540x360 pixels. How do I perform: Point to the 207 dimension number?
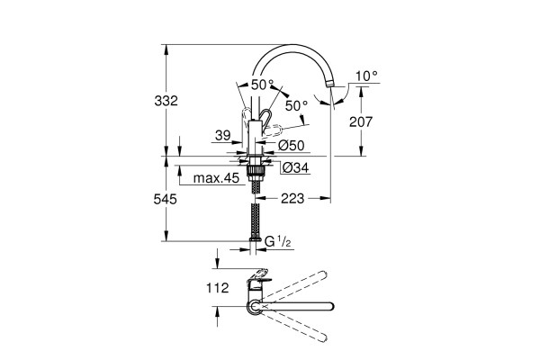pos(375,118)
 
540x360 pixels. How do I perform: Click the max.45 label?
pos(216,179)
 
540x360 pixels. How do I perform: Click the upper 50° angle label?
pos(262,85)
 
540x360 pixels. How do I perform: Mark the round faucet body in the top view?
pos(256,308)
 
